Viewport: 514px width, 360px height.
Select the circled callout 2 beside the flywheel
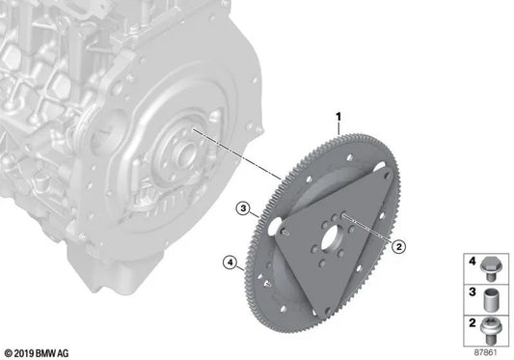pos(397,246)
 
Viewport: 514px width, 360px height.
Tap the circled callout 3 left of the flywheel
pos(244,208)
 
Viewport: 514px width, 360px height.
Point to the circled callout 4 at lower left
pos(229,261)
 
